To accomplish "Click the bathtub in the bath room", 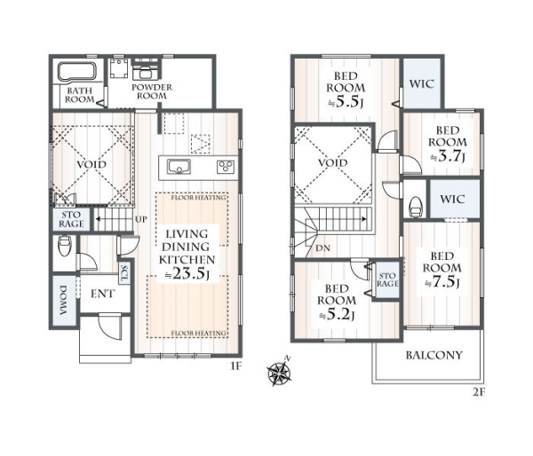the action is pos(77,72).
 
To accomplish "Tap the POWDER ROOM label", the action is pos(152,91).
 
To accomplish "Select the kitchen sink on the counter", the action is pos(179,167).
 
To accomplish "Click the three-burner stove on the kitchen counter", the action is pos(226,167).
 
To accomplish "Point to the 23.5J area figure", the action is pos(187,273).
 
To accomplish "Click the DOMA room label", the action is pos(64,300).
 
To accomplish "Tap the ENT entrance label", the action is pos(103,294).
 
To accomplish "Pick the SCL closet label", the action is pos(123,274).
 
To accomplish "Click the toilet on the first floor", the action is pos(65,246).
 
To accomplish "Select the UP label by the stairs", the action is pos(141,219).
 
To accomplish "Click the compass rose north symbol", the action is pos(280,372).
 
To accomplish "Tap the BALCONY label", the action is pos(434,355).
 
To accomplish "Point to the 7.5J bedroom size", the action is pos(442,282).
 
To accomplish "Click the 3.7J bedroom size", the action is pos(448,156).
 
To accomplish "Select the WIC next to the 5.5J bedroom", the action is pos(421,84).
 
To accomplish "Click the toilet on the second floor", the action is pos(416,207).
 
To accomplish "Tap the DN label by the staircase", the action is pos(322,248).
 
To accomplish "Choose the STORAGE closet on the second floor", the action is pos(387,279).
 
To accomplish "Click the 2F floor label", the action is pos(479,393).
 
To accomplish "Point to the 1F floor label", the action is pos(236,366).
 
